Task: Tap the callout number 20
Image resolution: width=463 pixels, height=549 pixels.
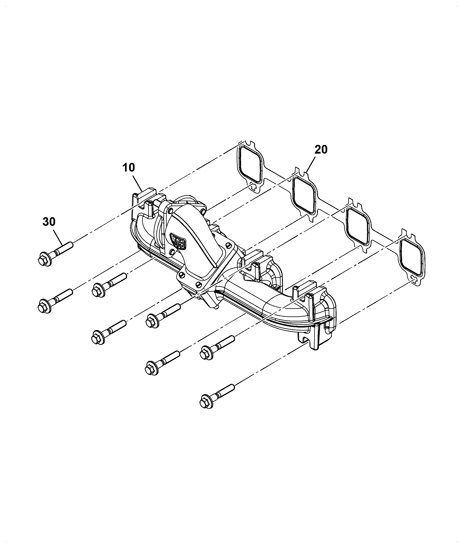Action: coord(321,150)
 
